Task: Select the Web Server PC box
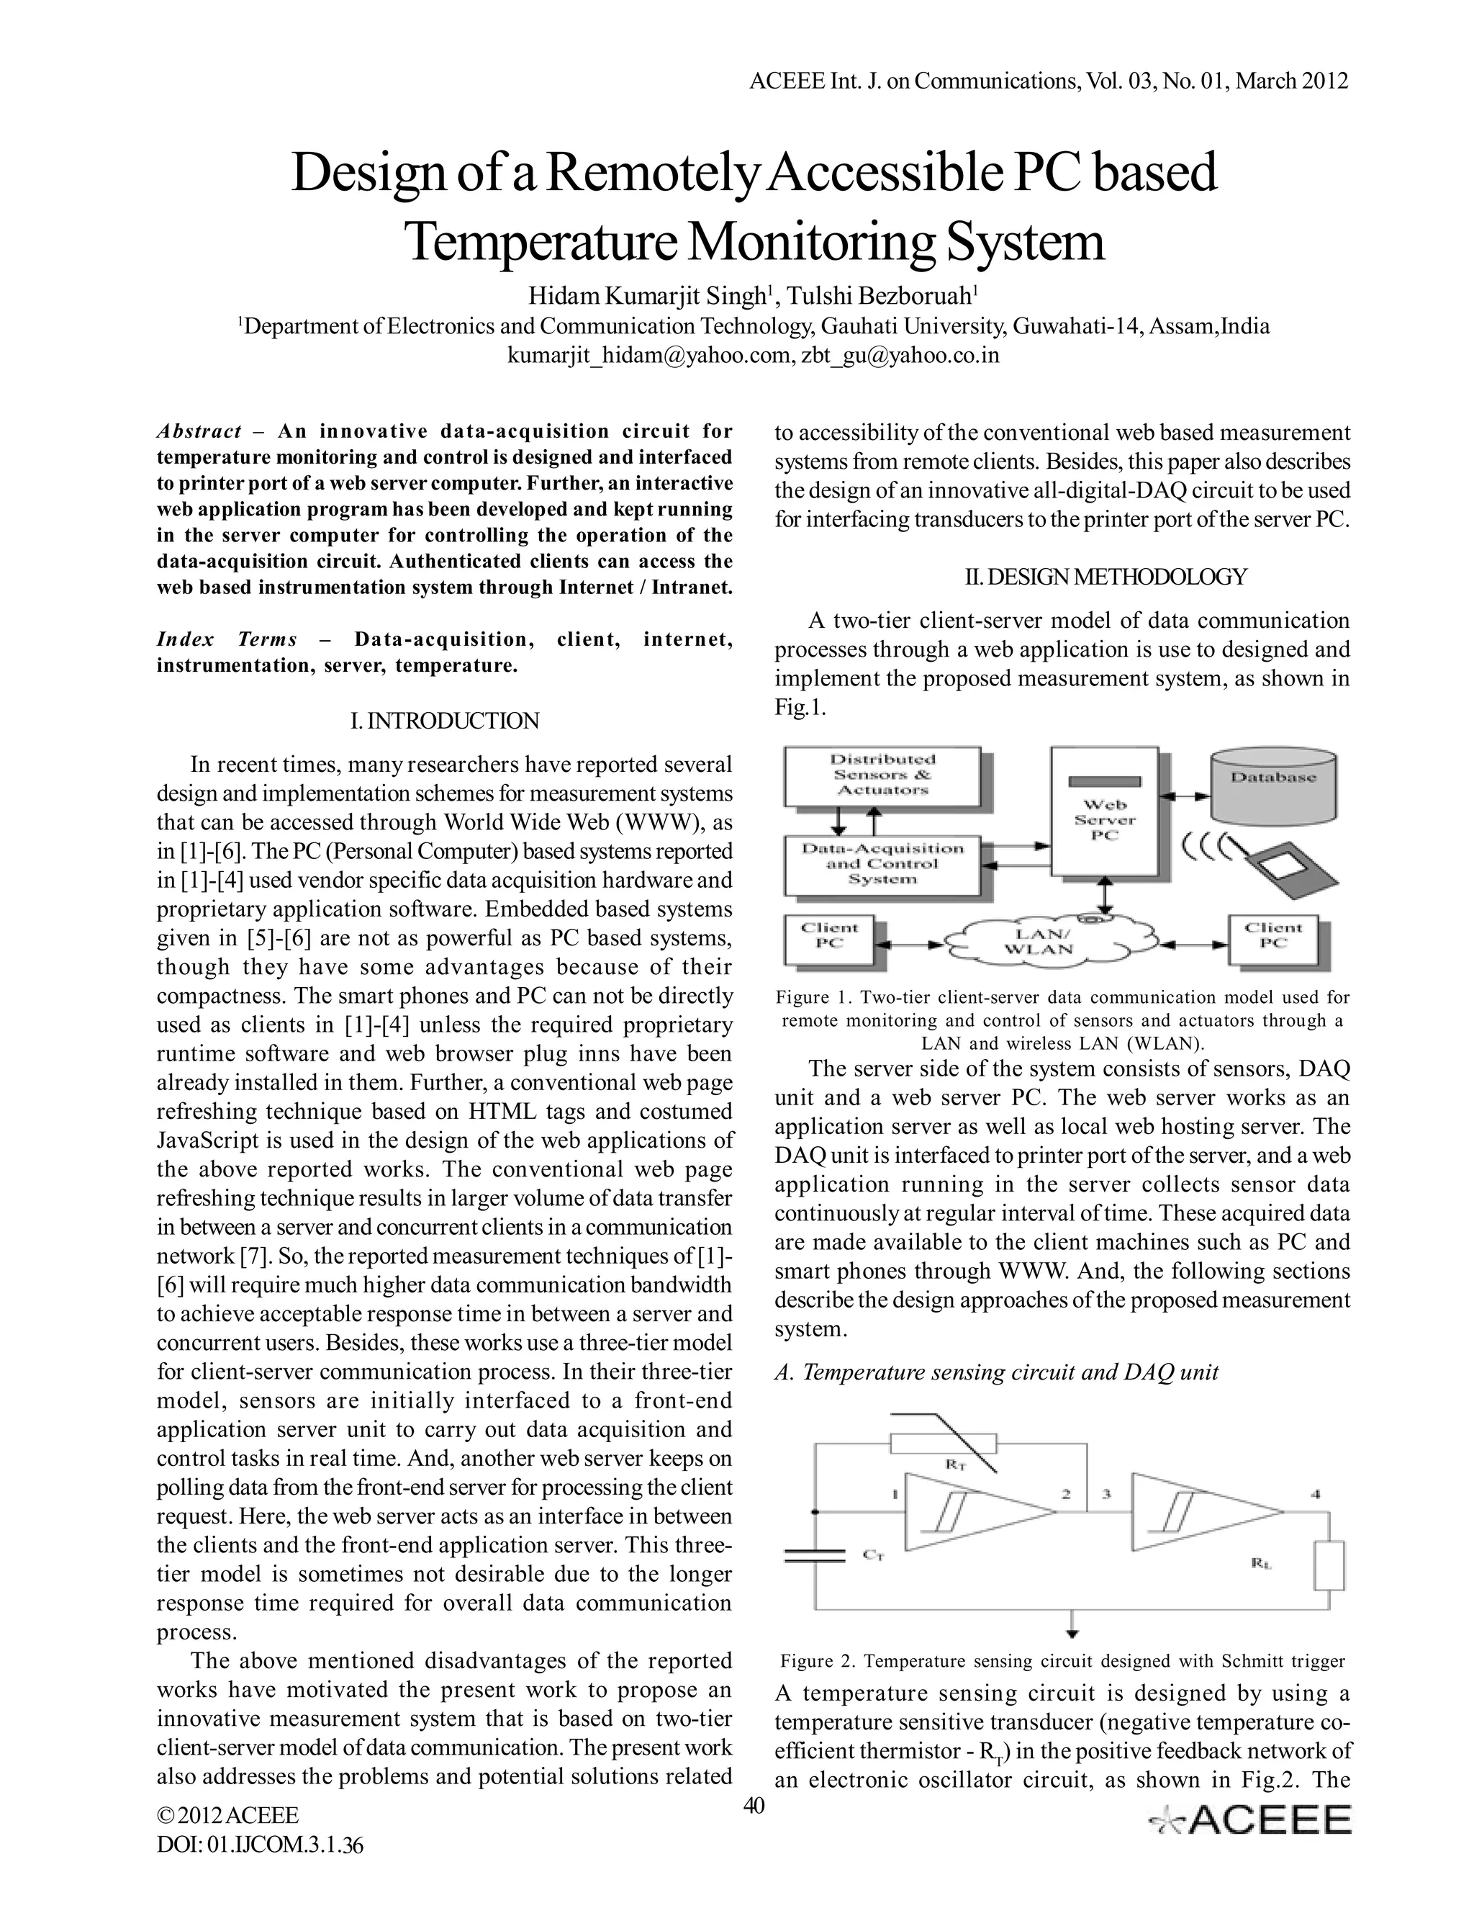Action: pyautogui.click(x=1105, y=812)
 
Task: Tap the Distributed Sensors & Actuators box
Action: pyautogui.click(x=882, y=775)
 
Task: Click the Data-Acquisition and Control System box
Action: pyautogui.click(x=882, y=864)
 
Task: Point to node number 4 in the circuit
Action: pyautogui.click(x=1315, y=1495)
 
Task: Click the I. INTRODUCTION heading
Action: pyautogui.click(x=445, y=721)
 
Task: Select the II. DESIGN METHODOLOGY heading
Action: pyautogui.click(x=1105, y=577)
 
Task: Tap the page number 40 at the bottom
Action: pyautogui.click(x=753, y=1805)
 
